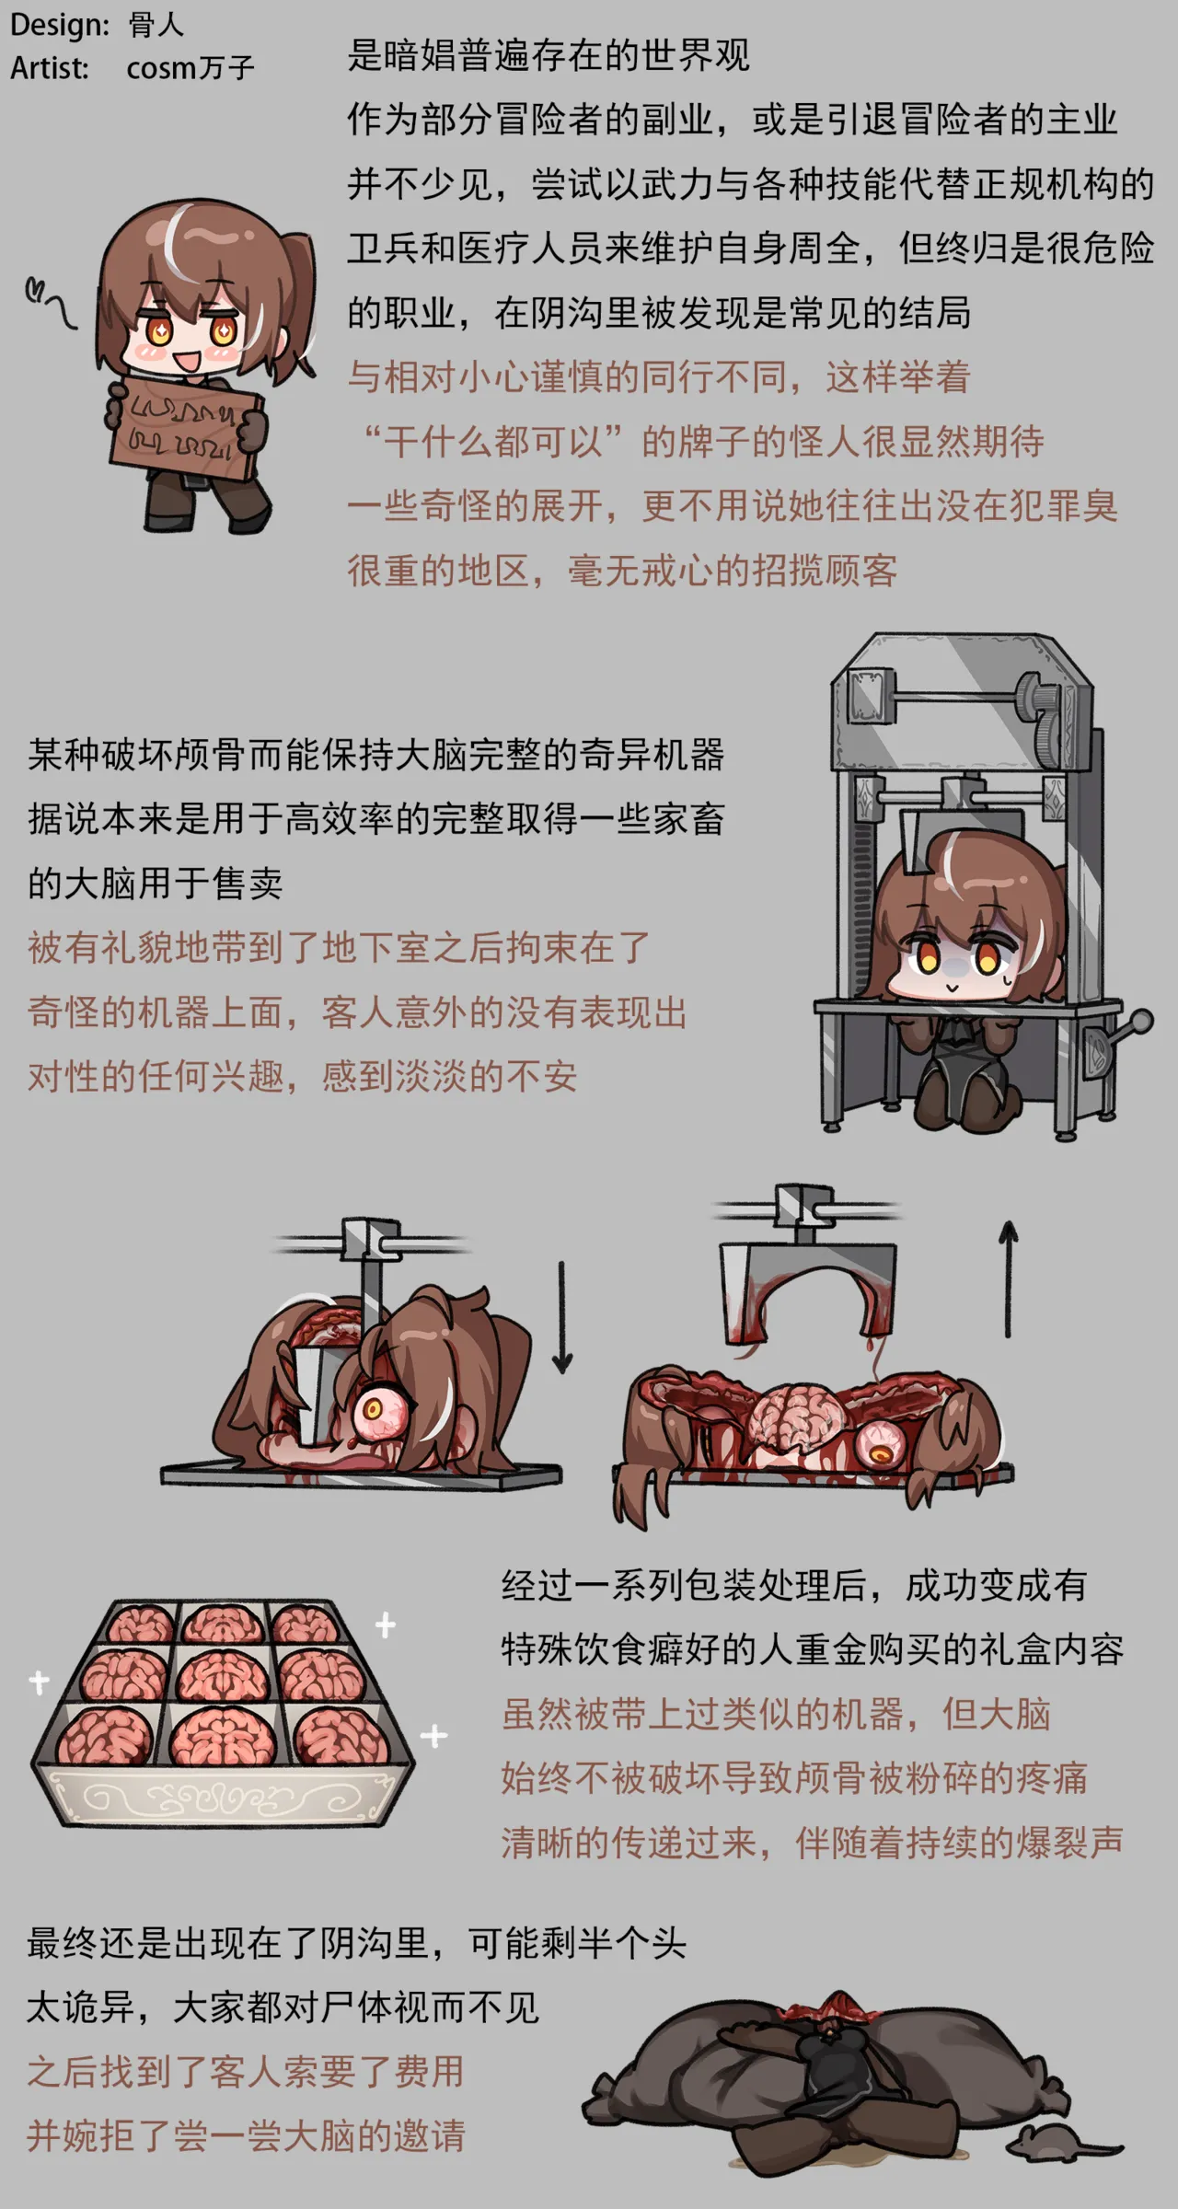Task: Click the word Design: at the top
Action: pyautogui.click(x=60, y=25)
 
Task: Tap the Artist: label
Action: pyautogui.click(x=50, y=67)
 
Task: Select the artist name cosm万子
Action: pyautogui.click(x=190, y=67)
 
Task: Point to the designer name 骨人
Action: pyautogui.click(x=156, y=25)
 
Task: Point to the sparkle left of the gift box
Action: pyautogui.click(x=39, y=1682)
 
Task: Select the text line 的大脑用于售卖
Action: pyautogui.click(x=155, y=883)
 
